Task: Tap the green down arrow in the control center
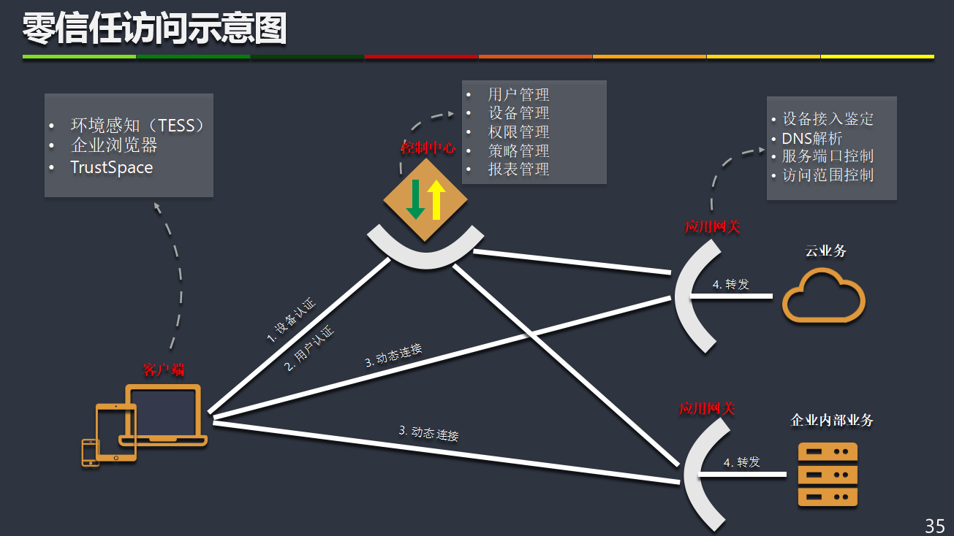[x=415, y=199]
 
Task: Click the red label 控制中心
[x=428, y=148]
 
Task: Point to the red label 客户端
[x=164, y=370]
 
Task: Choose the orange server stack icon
[x=828, y=475]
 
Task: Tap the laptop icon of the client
[x=164, y=415]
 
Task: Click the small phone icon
[x=90, y=452]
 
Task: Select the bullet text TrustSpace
[x=112, y=167]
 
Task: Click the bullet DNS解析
[x=812, y=138]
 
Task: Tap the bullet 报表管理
[x=518, y=169]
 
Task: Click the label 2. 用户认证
[x=309, y=348]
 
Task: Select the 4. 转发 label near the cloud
[x=731, y=284]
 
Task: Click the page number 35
[x=935, y=525]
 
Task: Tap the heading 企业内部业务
[x=832, y=421]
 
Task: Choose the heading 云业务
[x=825, y=251]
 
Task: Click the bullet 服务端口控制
[x=828, y=156]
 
